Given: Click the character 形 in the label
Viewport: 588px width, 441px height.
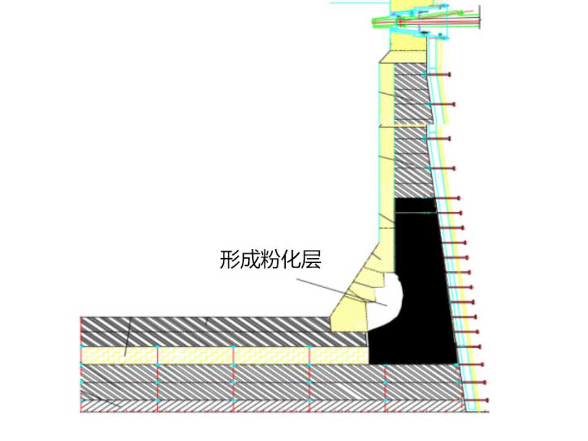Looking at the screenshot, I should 230,260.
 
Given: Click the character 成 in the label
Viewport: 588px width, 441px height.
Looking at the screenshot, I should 251,260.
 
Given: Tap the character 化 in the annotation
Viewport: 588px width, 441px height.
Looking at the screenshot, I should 292,260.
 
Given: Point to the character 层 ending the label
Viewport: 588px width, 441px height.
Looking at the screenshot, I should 312,260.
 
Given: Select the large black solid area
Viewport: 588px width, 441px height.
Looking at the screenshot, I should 423,276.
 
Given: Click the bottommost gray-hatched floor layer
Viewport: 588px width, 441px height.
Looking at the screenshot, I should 269,405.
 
